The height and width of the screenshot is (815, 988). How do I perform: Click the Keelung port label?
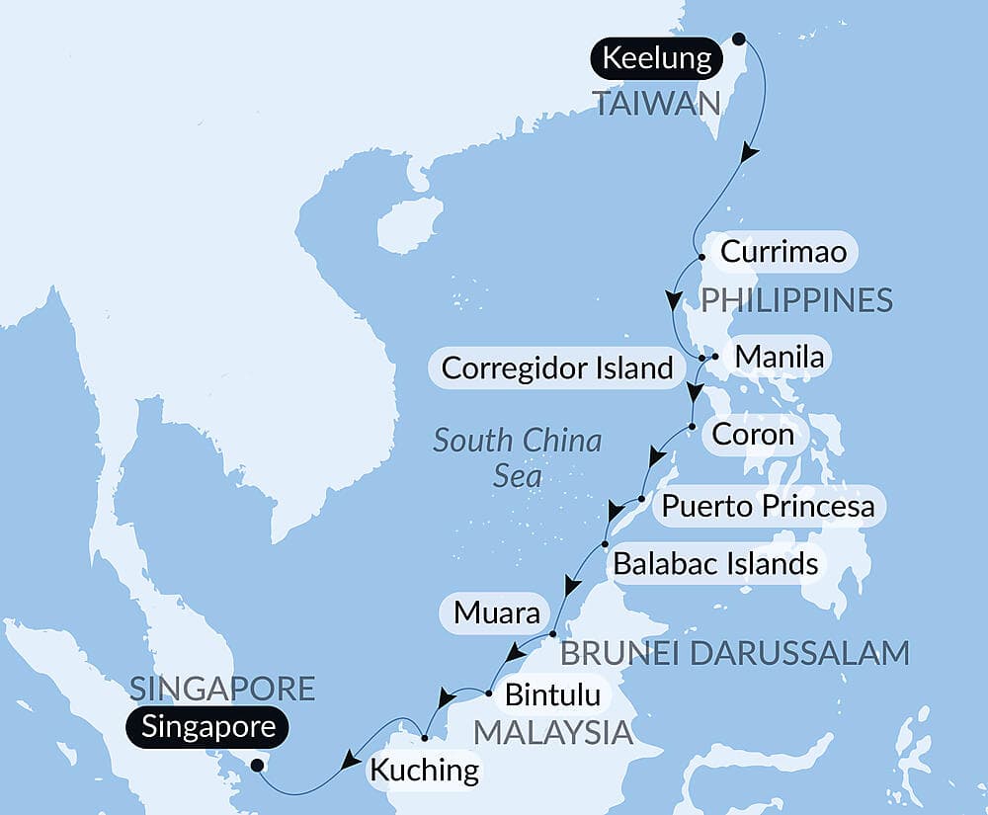tap(656, 59)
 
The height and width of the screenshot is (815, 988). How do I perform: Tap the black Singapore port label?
tap(208, 728)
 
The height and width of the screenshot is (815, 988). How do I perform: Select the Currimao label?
tap(783, 252)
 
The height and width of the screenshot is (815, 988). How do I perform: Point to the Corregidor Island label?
tap(556, 368)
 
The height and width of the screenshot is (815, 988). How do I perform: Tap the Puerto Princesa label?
tap(768, 506)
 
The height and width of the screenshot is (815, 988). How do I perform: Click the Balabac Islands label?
tap(715, 564)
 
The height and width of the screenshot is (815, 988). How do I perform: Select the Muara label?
tap(497, 613)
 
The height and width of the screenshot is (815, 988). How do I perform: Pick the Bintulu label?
tap(552, 694)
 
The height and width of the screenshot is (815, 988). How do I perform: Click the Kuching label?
tap(424, 769)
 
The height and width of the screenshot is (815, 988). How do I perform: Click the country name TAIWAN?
tap(656, 103)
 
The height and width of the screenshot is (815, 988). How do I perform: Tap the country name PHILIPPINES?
tap(795, 299)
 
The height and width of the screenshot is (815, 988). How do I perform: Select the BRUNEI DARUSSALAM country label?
tap(733, 653)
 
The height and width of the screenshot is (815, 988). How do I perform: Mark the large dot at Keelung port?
tap(738, 41)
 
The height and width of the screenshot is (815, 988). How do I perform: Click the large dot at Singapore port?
tap(257, 765)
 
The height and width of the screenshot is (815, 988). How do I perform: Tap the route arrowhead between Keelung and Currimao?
tap(751, 153)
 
